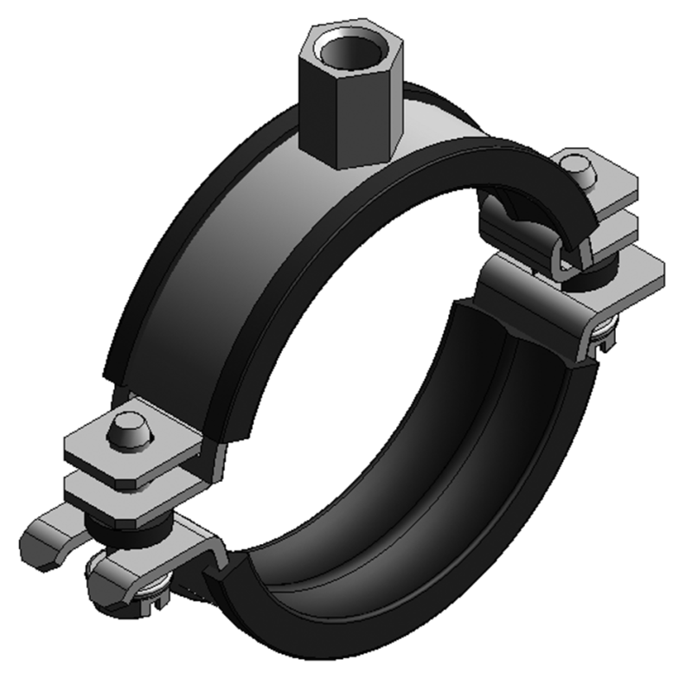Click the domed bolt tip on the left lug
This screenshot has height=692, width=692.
pyautogui.click(x=126, y=430)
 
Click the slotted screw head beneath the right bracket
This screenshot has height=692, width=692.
pyautogui.click(x=606, y=334)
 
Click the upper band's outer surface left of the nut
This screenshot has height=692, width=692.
pyautogui.click(x=216, y=216)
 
